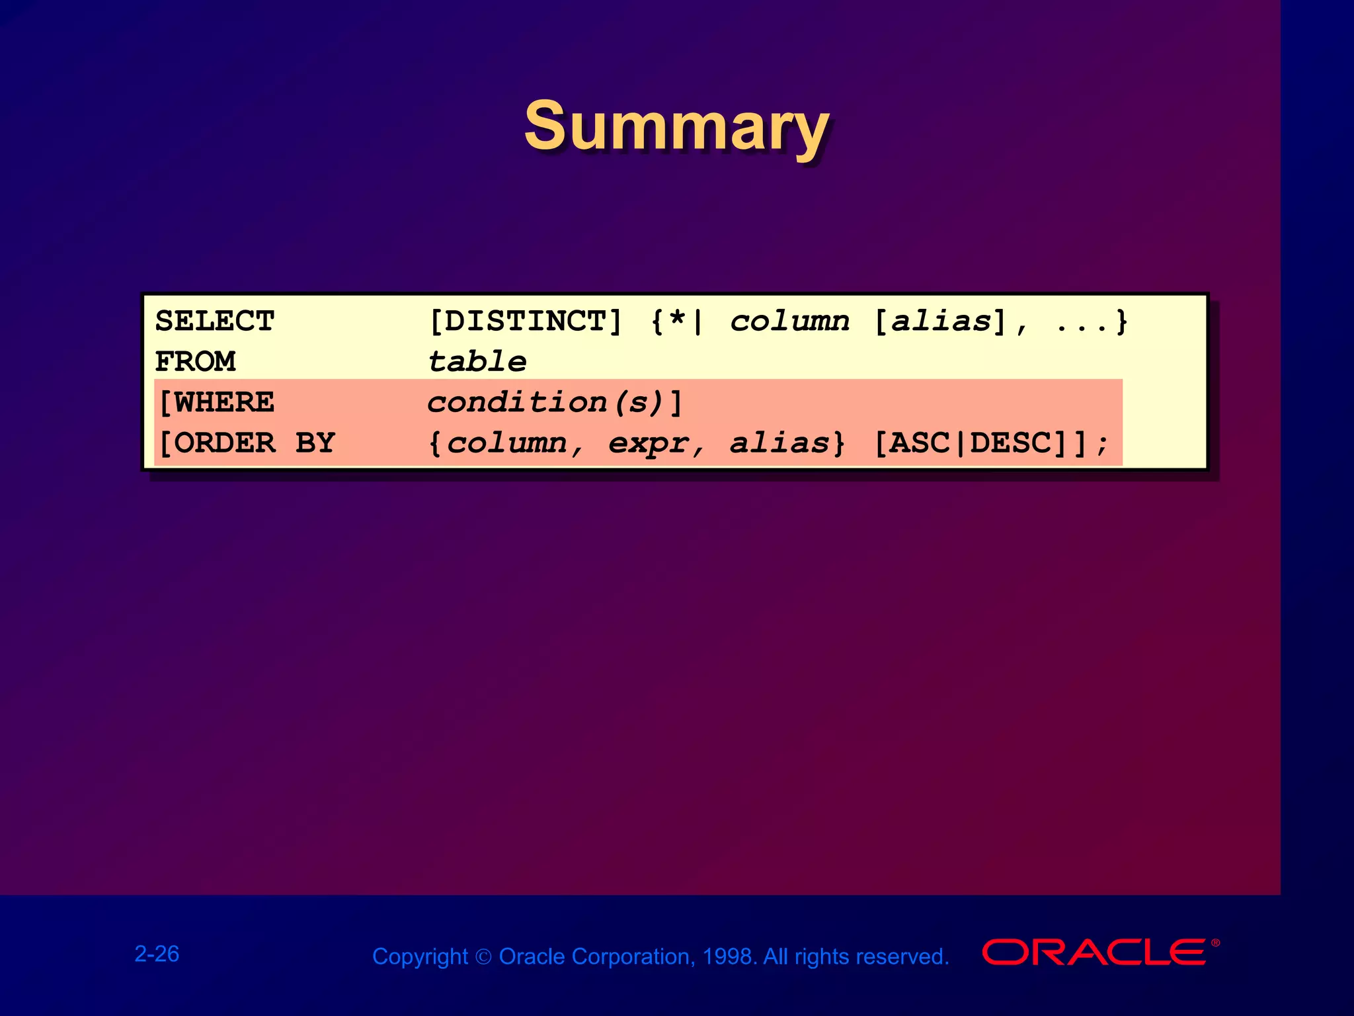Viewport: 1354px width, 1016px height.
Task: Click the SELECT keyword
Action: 214,321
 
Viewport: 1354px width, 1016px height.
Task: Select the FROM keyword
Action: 195,362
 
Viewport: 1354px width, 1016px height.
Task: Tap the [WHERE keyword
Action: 217,402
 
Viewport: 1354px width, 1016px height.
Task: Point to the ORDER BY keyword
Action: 247,443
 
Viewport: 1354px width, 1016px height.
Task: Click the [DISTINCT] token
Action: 525,321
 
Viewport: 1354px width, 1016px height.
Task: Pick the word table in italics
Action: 477,362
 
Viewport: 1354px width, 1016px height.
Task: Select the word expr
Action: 649,443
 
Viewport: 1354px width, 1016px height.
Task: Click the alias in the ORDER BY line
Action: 779,443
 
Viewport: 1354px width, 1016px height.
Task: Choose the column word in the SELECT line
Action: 789,321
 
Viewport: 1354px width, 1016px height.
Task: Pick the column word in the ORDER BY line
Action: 506,443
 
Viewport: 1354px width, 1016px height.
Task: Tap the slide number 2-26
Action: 157,954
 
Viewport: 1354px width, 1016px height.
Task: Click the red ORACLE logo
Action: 1094,952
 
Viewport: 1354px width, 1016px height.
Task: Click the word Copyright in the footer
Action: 420,956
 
